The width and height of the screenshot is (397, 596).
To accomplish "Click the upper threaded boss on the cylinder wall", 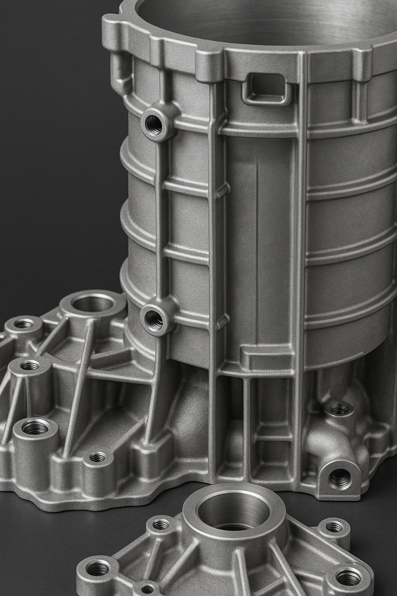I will coord(154,125).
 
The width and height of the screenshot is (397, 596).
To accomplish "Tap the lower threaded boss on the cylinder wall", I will coord(154,320).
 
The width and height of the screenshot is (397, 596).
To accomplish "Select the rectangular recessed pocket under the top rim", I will coord(266,88).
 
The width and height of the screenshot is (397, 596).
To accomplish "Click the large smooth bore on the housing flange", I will coord(92,304).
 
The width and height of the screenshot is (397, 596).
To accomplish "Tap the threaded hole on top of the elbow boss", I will coord(339,409).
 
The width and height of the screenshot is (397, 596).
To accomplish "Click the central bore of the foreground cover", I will coord(234,512).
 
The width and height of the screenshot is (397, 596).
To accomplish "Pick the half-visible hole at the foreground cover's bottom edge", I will coord(147,589).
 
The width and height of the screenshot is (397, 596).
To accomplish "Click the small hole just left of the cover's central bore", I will coord(161,524).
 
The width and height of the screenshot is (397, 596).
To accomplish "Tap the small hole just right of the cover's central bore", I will coord(334,526).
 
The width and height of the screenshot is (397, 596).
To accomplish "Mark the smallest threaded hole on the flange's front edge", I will coord(97,457).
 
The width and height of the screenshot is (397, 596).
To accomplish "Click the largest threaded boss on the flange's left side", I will coord(35,427).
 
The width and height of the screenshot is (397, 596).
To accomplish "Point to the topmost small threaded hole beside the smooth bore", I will coord(23,323).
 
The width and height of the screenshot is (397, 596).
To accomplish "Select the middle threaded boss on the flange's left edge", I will coord(30,365).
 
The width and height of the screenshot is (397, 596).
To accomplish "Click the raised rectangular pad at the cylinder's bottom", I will coord(266,358).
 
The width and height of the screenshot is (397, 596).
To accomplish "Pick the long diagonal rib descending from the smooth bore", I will coord(78,383).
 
